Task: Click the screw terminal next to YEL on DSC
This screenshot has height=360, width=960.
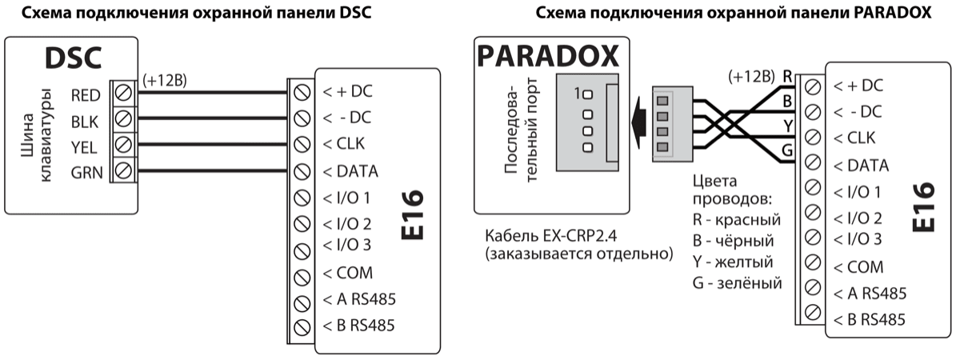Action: click(x=123, y=146)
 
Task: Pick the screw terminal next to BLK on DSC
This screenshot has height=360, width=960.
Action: click(x=123, y=121)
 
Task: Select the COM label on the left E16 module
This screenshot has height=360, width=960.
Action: click(x=348, y=273)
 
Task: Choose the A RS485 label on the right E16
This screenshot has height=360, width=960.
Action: click(x=869, y=294)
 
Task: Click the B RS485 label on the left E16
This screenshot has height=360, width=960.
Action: click(x=359, y=326)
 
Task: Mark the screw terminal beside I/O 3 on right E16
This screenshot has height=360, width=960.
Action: click(x=812, y=238)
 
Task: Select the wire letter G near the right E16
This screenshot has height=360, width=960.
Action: click(x=787, y=149)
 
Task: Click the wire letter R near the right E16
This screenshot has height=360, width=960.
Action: click(x=787, y=77)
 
